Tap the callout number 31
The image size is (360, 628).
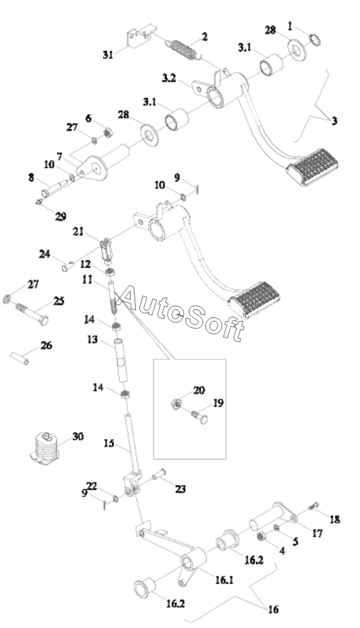click(108, 54)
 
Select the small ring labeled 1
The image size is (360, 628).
click(315, 40)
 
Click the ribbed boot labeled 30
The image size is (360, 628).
click(45, 448)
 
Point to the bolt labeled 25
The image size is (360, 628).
click(33, 314)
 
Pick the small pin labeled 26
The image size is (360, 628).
click(20, 358)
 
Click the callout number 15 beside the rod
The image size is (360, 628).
click(109, 443)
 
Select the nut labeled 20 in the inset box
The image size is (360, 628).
click(175, 404)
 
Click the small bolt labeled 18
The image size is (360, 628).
click(315, 506)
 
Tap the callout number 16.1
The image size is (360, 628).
click(224, 580)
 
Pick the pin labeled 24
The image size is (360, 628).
click(67, 265)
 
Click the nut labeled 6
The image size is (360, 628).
click(107, 131)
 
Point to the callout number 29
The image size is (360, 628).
click(60, 216)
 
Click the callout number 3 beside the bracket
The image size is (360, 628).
click(335, 120)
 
